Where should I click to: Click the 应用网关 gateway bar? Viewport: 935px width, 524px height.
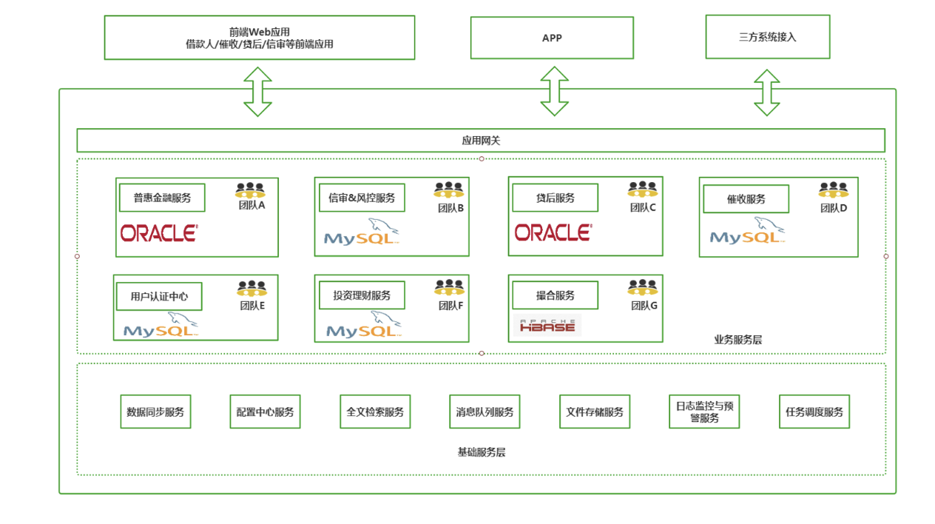tap(481, 140)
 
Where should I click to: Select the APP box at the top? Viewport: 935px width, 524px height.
tap(552, 38)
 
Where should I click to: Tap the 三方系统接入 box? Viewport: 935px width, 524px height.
tap(767, 37)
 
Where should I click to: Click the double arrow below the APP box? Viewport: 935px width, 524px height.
tap(554, 91)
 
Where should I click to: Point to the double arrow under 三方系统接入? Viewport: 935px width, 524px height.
tap(767, 93)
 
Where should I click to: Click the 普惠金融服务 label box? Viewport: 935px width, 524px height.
tap(162, 198)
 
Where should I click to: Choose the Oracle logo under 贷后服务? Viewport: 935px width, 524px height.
tap(553, 232)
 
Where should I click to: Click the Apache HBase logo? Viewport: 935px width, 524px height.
tap(547, 325)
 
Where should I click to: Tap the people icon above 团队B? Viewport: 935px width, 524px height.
tap(449, 191)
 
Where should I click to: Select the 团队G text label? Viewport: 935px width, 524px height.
tap(644, 305)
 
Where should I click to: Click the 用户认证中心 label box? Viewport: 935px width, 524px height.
tap(159, 297)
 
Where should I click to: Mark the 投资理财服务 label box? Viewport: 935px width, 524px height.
tap(362, 295)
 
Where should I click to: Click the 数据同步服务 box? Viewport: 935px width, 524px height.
tap(155, 412)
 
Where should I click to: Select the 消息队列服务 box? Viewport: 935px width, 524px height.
tap(485, 412)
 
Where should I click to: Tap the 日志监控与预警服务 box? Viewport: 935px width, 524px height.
tap(704, 412)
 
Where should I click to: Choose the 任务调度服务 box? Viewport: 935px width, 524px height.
tap(814, 412)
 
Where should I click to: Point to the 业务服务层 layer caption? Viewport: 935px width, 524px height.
tap(737, 340)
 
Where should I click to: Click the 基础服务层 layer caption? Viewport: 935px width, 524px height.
tap(482, 451)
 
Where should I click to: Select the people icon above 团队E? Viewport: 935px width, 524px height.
tap(252, 289)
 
